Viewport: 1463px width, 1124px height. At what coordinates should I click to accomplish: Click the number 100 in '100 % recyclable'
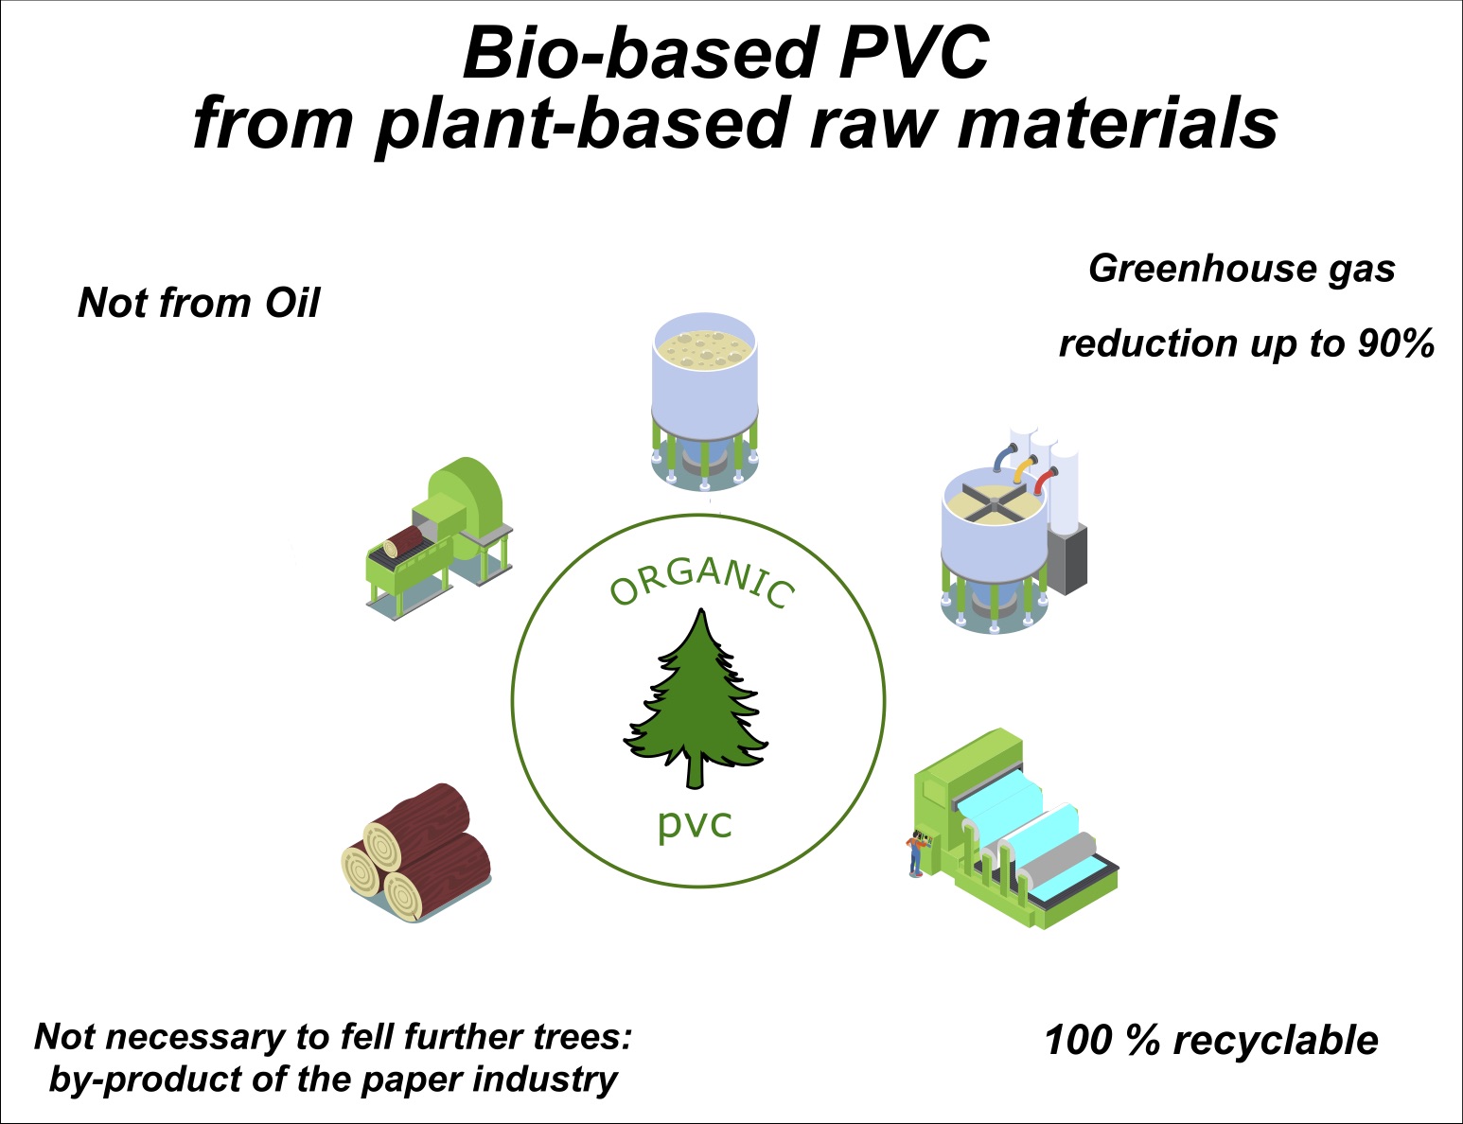pyautogui.click(x=1077, y=1040)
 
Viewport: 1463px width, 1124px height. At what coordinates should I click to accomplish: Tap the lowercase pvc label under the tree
pyautogui.click(x=696, y=822)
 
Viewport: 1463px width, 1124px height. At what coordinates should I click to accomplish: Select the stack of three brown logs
pyautogui.click(x=416, y=852)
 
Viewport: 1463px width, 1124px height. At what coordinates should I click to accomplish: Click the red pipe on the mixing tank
pyautogui.click(x=1043, y=481)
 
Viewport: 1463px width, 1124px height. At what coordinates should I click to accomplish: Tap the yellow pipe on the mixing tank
pyautogui.click(x=1022, y=469)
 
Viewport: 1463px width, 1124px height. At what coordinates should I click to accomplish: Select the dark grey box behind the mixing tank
pyautogui.click(x=1071, y=558)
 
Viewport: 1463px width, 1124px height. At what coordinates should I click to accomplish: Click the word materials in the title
pyautogui.click(x=1117, y=123)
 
